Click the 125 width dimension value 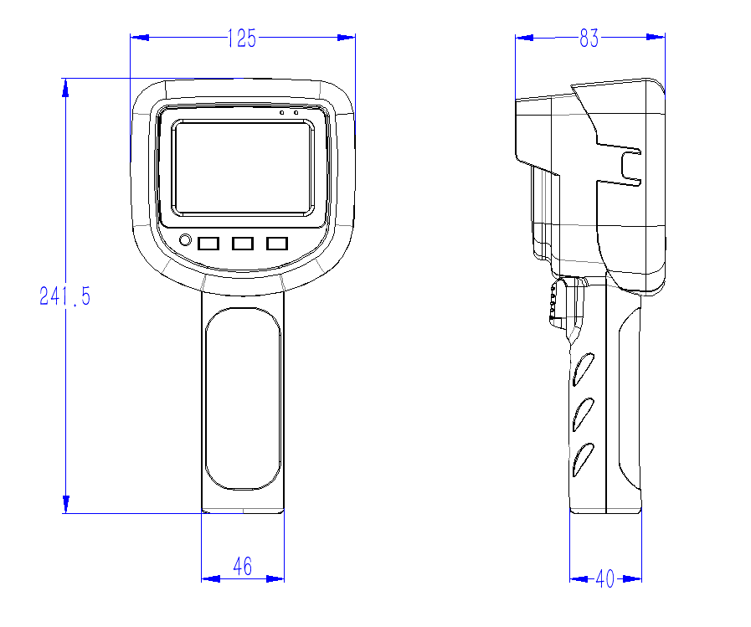pyautogui.click(x=242, y=39)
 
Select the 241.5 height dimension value pyautogui.click(x=64, y=296)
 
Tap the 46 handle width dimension pyautogui.click(x=242, y=567)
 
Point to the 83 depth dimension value pyautogui.click(x=589, y=39)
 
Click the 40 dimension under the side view pyautogui.click(x=605, y=578)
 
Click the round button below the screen pyautogui.click(x=185, y=240)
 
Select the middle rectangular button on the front pyautogui.click(x=242, y=244)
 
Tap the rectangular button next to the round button pyautogui.click(x=208, y=244)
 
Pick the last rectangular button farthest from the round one pyautogui.click(x=277, y=244)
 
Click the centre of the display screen pyautogui.click(x=243, y=167)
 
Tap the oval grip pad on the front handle pyautogui.click(x=243, y=398)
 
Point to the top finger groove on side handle pyautogui.click(x=584, y=369)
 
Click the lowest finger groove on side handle pyautogui.click(x=584, y=460)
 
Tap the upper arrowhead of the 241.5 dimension pyautogui.click(x=65, y=88)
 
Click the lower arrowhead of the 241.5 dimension pyautogui.click(x=66, y=505)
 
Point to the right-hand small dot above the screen pyautogui.click(x=296, y=112)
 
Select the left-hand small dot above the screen pyautogui.click(x=282, y=112)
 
